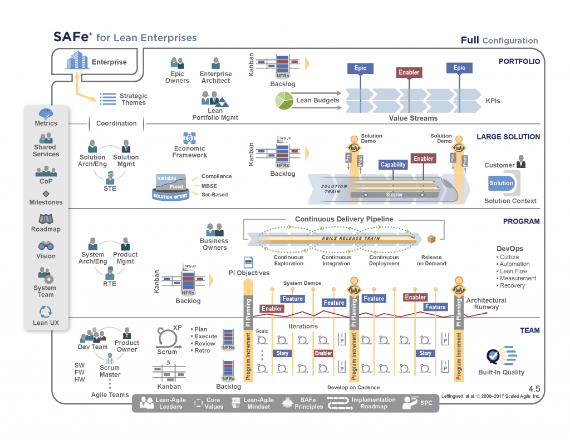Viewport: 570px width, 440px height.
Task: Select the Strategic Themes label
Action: pyautogui.click(x=134, y=99)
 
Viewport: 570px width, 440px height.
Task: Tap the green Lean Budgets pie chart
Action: pyautogui.click(x=284, y=101)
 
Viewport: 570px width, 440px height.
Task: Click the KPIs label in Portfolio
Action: pyautogui.click(x=492, y=101)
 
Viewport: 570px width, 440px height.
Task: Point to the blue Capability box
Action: pyautogui.click(x=393, y=165)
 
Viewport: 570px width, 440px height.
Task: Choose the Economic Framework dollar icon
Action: pyautogui.click(x=189, y=137)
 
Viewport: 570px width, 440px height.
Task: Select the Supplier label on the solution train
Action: pyautogui.click(x=394, y=195)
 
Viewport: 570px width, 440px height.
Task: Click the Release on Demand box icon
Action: pyautogui.click(x=431, y=239)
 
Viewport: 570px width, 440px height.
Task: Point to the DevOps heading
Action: pyautogui.click(x=510, y=249)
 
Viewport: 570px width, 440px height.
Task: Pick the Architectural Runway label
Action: pyautogui.click(x=486, y=304)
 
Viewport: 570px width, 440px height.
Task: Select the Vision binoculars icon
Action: pyautogui.click(x=46, y=246)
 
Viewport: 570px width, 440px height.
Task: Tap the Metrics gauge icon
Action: pyautogui.click(x=46, y=113)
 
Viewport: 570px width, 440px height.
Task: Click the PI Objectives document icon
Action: pyautogui.click(x=248, y=262)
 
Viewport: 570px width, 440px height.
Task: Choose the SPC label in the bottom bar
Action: pyautogui.click(x=426, y=402)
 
